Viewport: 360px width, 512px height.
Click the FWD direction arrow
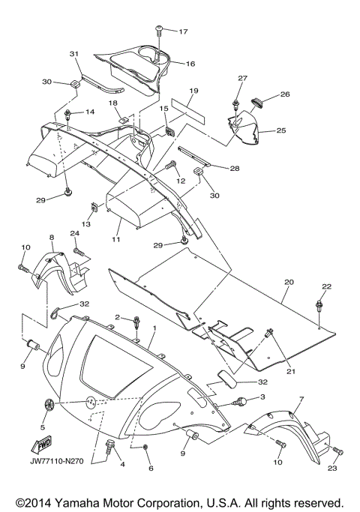click(x=41, y=445)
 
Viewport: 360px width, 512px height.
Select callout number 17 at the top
click(x=183, y=31)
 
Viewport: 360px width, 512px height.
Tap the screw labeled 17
click(x=160, y=28)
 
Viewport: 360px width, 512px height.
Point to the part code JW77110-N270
click(x=57, y=461)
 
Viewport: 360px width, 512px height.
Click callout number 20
click(x=289, y=282)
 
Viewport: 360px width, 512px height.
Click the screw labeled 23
click(x=337, y=451)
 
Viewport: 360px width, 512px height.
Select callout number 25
click(x=281, y=130)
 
